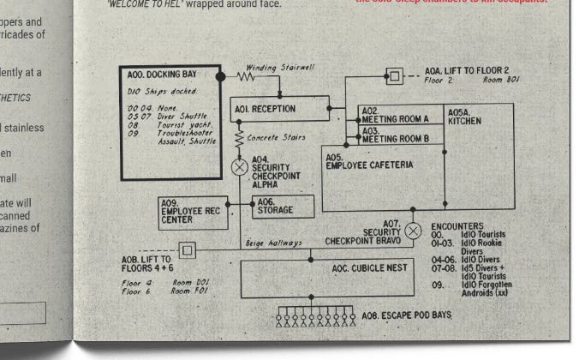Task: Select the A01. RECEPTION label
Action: (x=265, y=109)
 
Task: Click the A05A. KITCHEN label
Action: (x=464, y=117)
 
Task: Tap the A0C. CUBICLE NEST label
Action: (x=369, y=267)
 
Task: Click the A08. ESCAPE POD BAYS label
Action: (x=405, y=315)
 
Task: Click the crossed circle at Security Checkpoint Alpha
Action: (x=240, y=166)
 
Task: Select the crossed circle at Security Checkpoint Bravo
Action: (x=413, y=230)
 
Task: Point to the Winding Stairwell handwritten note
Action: (x=276, y=68)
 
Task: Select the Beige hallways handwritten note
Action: (x=274, y=243)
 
